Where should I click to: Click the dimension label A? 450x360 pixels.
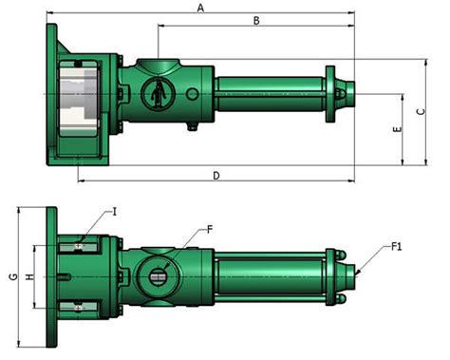coord(199,8)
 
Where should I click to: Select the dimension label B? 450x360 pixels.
coord(255,20)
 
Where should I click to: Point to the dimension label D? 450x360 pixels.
coord(216,175)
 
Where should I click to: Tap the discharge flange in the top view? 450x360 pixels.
coord(329,94)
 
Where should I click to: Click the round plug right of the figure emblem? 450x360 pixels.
coord(193,95)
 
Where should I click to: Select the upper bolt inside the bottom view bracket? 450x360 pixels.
coord(79,248)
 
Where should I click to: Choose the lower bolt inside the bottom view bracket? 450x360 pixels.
coord(79,306)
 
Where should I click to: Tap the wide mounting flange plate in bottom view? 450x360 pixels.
coord(51,276)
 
